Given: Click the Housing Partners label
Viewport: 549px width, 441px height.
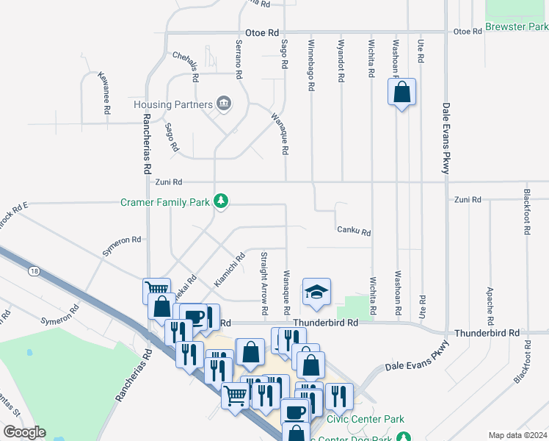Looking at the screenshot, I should coord(173,104).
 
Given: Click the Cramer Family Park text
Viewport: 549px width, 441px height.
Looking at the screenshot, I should coord(166,201).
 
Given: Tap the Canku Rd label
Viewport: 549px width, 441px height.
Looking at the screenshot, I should coord(354,232).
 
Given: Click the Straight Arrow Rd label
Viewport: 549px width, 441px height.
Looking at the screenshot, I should coord(263,277).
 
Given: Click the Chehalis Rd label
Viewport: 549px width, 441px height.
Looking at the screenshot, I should coord(186,65).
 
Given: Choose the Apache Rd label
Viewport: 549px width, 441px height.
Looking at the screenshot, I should coord(489,306).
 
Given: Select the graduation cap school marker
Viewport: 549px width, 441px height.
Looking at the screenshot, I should coord(317,292).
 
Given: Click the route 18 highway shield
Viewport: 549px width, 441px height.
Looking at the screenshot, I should coord(34,272).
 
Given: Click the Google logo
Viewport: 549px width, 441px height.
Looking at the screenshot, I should coord(23,432).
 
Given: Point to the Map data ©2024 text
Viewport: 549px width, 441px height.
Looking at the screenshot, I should coord(517,435).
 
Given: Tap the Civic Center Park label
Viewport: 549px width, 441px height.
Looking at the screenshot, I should coord(366,420).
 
